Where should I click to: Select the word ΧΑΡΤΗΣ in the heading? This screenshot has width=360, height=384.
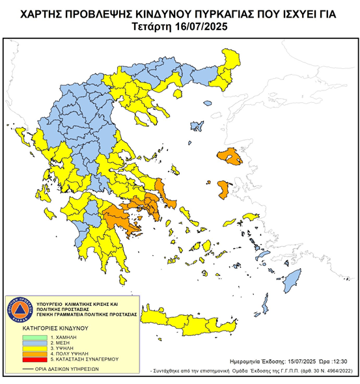(43, 12)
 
